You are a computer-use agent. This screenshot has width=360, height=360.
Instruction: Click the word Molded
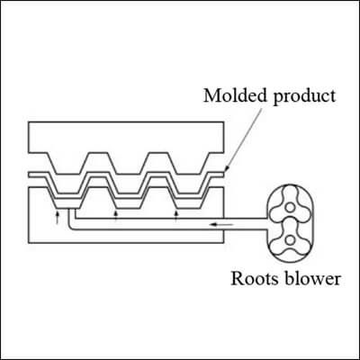click(235, 95)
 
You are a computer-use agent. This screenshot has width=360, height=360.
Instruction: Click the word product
click(303, 97)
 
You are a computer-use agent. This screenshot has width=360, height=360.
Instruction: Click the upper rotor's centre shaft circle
click(290, 207)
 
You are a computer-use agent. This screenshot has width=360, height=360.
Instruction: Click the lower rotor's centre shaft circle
click(290, 239)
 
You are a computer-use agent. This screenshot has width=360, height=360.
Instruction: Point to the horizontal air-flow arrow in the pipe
click(221, 224)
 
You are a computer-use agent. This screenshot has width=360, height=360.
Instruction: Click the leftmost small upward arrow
click(58, 217)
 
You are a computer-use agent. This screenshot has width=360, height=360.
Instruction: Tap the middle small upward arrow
click(116, 216)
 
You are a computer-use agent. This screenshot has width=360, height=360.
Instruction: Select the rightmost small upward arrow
click(176, 216)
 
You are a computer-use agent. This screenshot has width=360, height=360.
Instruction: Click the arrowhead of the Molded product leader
click(226, 170)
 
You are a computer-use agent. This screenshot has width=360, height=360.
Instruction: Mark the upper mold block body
click(126, 138)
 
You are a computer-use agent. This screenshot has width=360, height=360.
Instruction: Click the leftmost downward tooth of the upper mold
click(68, 164)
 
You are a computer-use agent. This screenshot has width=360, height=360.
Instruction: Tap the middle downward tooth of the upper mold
click(129, 164)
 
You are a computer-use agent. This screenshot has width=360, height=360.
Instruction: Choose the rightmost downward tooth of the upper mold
click(186, 164)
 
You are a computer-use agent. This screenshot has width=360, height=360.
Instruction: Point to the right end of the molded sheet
click(223, 175)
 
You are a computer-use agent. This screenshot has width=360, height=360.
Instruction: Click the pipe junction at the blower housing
click(267, 224)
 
